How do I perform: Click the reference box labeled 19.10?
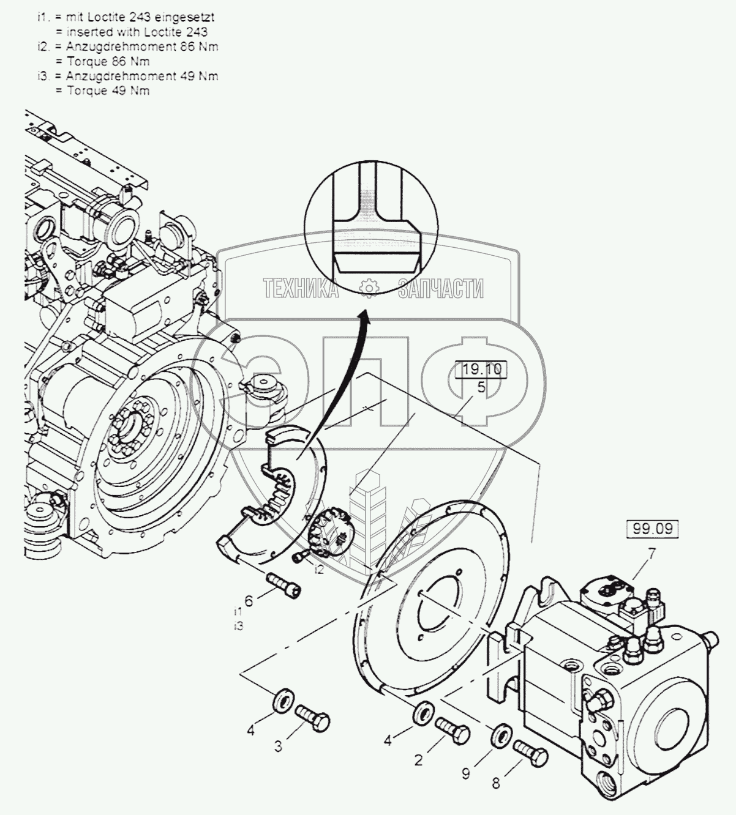pyautogui.click(x=481, y=370)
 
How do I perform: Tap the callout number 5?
pyautogui.click(x=481, y=387)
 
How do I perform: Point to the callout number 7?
pyautogui.click(x=652, y=554)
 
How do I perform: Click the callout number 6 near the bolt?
pyautogui.click(x=249, y=601)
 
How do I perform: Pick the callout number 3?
pyautogui.click(x=279, y=746)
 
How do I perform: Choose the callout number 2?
pyautogui.click(x=419, y=761)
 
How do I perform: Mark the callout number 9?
pyautogui.click(x=466, y=774)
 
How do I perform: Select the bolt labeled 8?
pyautogui.click(x=530, y=752)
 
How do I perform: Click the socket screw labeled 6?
pyautogui.click(x=284, y=584)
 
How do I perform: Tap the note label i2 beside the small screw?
pyautogui.click(x=319, y=570)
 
